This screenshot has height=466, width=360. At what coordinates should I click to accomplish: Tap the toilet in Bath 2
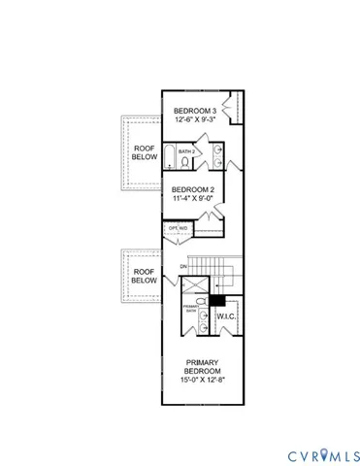(184, 162)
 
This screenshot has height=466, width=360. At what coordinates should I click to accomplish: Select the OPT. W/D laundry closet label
(178, 229)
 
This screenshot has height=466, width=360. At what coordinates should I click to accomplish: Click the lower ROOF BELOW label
(144, 277)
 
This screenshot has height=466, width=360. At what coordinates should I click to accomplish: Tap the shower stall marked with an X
(195, 285)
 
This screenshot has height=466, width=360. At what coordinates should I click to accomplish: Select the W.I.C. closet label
(226, 316)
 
